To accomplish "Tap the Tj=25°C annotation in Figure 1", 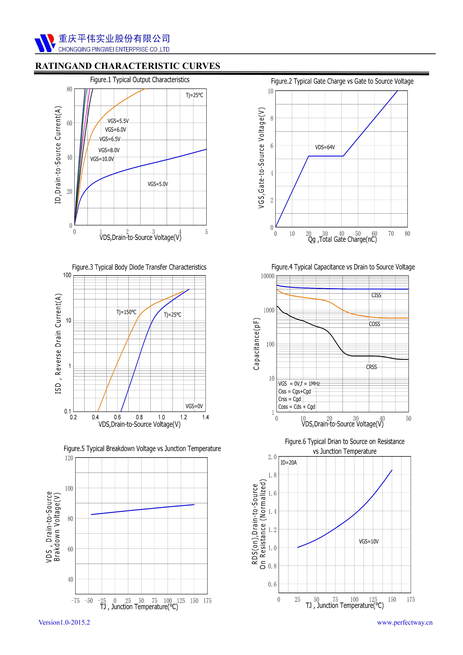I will click(195, 95).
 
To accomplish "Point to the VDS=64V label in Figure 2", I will click(325, 147).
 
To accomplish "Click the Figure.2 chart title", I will click(342, 81).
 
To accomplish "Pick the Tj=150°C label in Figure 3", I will click(126, 312).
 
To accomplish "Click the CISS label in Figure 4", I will click(376, 295).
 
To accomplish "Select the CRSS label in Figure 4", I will click(372, 367).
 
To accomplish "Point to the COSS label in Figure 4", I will click(374, 324).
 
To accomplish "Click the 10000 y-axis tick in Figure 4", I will click(267, 276).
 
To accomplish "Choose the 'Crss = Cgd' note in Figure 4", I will click(290, 399).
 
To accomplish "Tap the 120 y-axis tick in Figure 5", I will click(69, 458).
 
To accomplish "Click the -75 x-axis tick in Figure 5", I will click(75, 601).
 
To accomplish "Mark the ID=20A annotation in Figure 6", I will click(288, 462).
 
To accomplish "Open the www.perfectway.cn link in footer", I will click(405, 623).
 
